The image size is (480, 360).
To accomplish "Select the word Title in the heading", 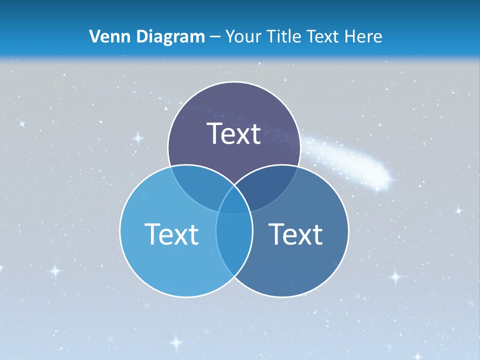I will coord(283,36).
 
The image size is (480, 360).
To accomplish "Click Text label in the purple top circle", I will coord(234,133).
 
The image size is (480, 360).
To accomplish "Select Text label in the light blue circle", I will coord(171,233).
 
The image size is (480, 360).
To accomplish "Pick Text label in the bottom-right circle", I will coord(295,233).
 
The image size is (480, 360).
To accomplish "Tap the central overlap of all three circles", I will coord(234,200).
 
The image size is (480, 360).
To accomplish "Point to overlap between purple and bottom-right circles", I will coord(272,185).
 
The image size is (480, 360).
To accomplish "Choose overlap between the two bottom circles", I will coord(234,240).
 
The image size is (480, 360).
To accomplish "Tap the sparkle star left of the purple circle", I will coord(137,137).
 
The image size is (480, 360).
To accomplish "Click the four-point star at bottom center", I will coord(176,342).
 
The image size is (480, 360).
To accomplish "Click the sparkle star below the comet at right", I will coord(458,211).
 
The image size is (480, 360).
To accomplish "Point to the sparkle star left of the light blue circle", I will coord(55,271).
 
